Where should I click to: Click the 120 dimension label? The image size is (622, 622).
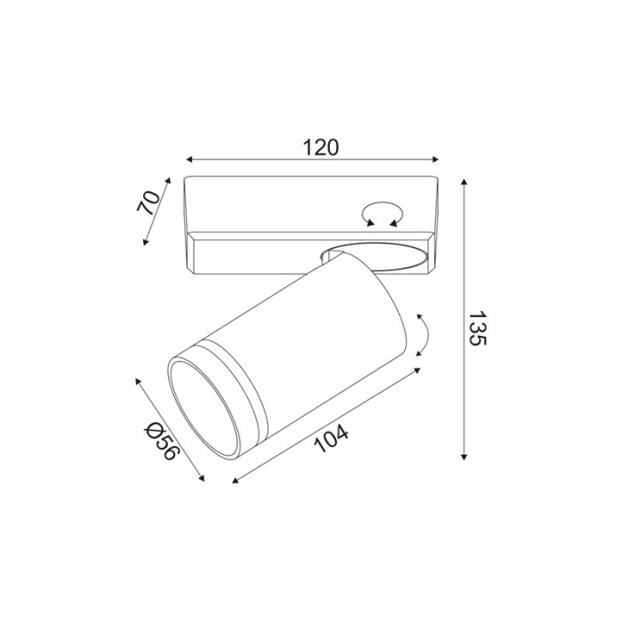321,148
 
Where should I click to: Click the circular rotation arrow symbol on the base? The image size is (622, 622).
383,214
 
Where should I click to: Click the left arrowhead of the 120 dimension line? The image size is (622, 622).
188,161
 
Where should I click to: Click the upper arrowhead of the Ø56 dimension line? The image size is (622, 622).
139,380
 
